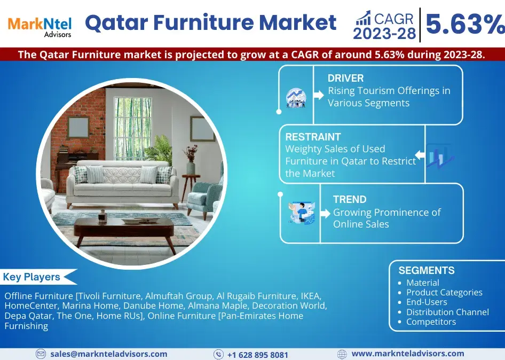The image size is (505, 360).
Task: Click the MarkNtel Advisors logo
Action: coord(40,27)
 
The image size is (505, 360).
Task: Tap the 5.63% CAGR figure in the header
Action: coord(465,24)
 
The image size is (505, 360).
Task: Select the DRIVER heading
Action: coord(345,78)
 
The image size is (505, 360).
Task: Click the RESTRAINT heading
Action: coord(313,137)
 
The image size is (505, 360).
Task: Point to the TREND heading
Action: coord(350,199)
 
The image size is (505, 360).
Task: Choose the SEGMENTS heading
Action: coord(427,270)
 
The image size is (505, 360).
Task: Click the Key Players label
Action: coord(31,277)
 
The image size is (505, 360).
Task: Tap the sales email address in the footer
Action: coord(108,354)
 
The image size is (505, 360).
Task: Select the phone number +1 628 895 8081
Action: coord(257,355)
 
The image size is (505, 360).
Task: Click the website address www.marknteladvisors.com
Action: coord(408,354)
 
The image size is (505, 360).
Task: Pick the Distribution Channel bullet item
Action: coord(447,312)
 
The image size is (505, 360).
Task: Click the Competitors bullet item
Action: coord(431,322)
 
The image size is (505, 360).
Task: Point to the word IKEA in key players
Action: coord(310,295)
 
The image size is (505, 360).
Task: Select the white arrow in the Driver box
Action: coord(319,95)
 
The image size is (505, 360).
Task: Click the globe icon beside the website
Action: coord(342,354)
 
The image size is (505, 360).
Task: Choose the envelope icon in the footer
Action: coord(41,354)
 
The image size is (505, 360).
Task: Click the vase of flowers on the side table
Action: coord(191,160)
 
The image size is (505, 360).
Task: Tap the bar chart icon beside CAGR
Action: coord(363,18)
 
